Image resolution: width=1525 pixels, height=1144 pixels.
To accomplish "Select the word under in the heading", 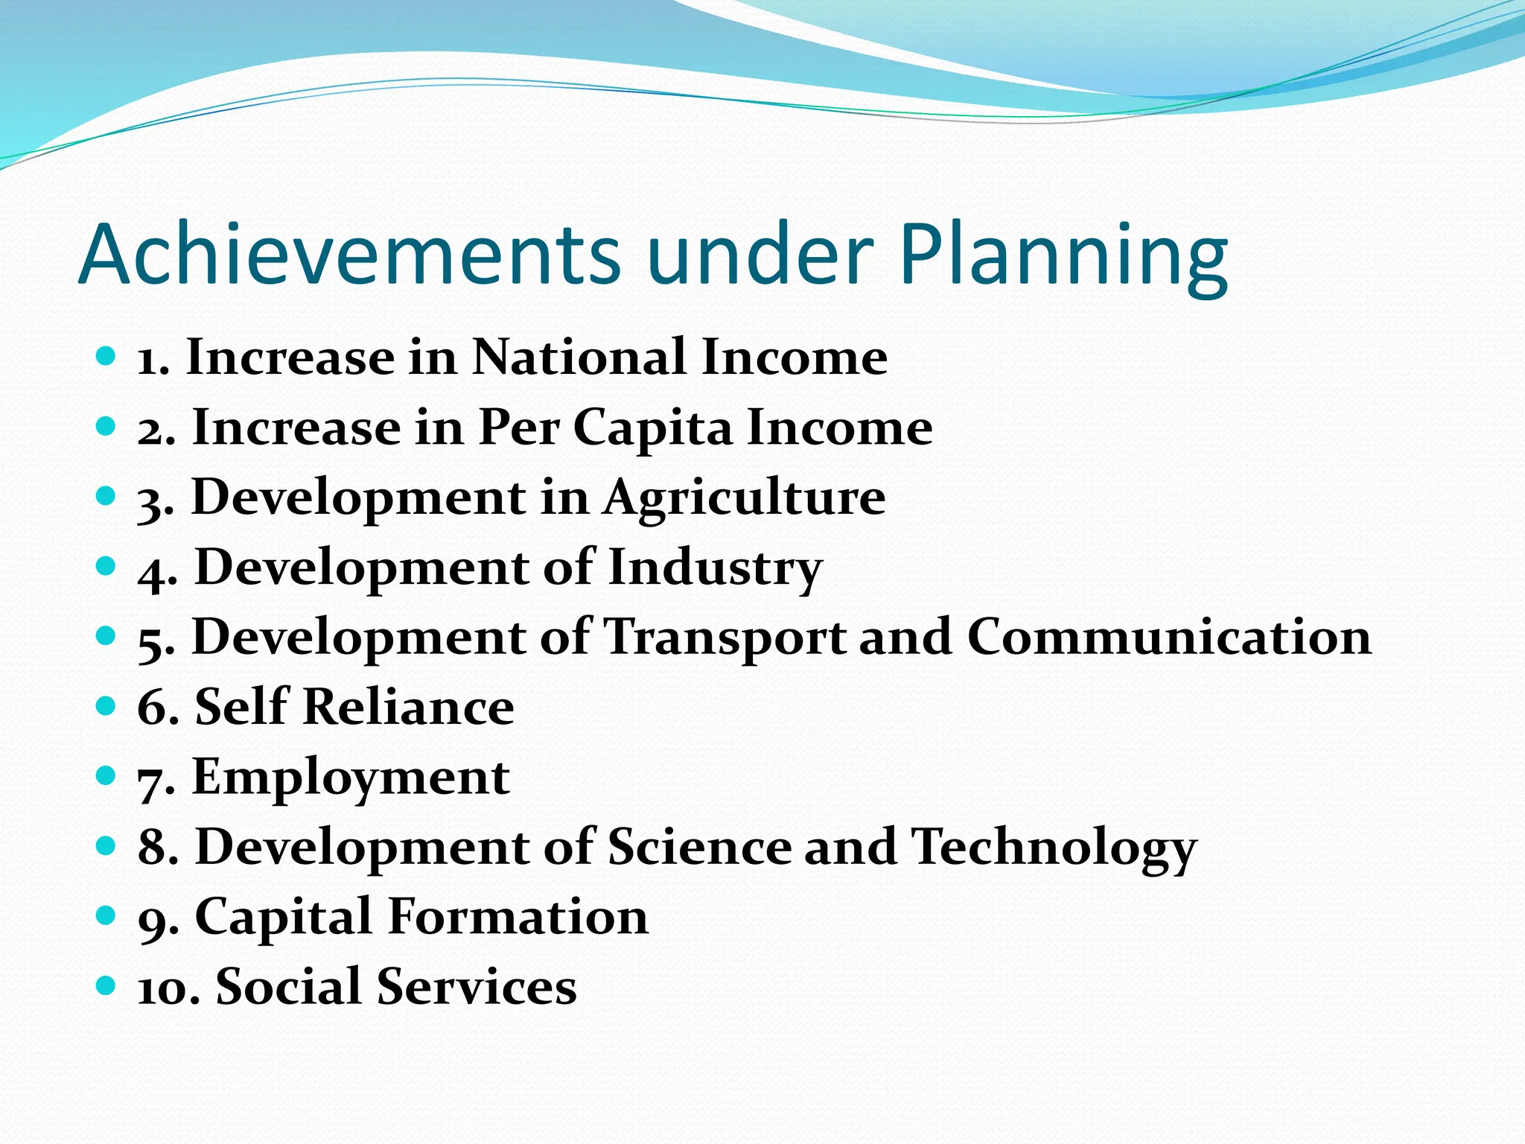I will pyautogui.click(x=760, y=255).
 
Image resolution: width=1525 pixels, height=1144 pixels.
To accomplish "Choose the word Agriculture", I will pyautogui.click(x=744, y=498).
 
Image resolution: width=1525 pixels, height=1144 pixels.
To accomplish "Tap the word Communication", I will pyautogui.click(x=1169, y=638).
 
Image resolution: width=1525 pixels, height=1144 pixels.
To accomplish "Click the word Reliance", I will pyautogui.click(x=408, y=707).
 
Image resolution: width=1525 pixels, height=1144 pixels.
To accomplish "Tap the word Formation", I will pyautogui.click(x=518, y=917).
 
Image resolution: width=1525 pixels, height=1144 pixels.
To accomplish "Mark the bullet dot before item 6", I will pyautogui.click(x=106, y=705).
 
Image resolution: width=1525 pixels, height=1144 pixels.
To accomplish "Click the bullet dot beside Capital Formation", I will pyautogui.click(x=106, y=915).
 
